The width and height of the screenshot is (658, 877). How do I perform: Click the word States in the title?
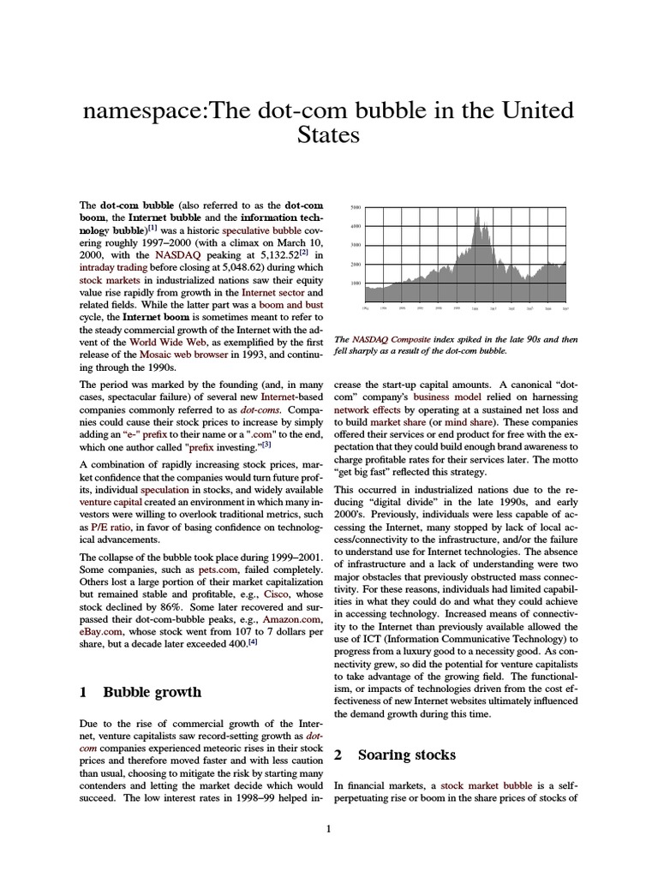(328, 135)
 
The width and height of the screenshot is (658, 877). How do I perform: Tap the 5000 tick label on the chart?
(357, 208)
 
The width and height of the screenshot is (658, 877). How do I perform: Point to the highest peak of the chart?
(476, 210)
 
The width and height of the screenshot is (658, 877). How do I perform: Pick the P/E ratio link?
(111, 528)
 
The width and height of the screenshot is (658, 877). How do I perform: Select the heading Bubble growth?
(152, 692)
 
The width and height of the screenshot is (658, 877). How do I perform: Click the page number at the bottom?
(329, 828)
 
